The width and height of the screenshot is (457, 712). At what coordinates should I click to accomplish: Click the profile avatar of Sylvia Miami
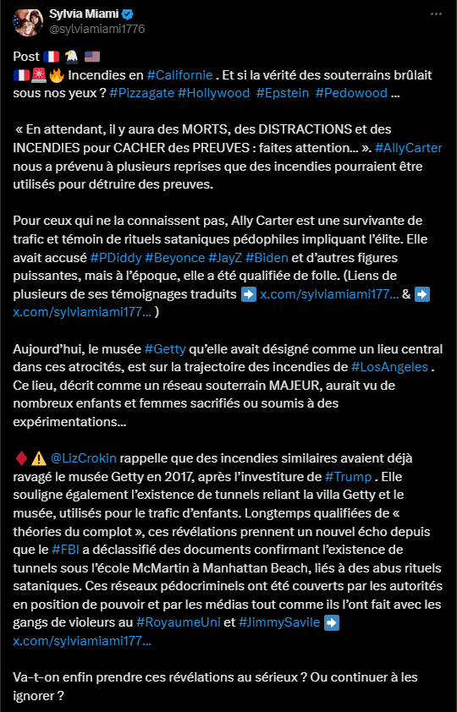(x=24, y=23)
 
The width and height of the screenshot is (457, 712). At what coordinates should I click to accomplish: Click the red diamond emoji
(x=20, y=458)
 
